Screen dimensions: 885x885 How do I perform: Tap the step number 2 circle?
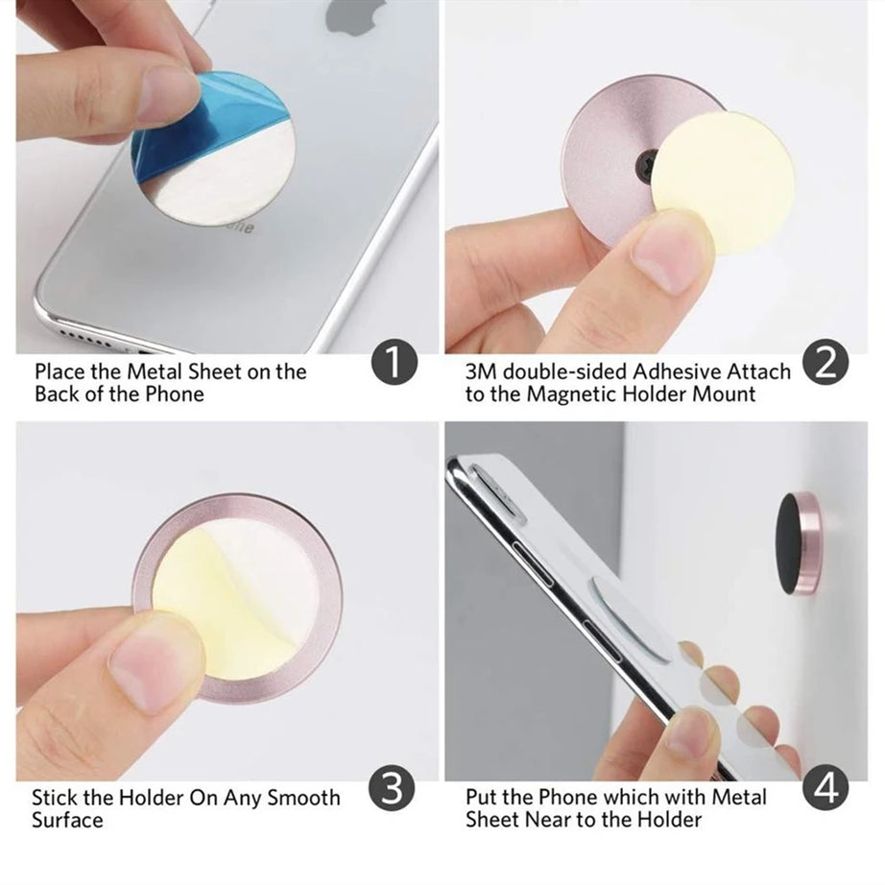pyautogui.click(x=825, y=364)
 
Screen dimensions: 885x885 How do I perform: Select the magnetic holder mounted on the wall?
pyautogui.click(x=801, y=542)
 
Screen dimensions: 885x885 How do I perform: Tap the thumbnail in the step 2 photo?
pyautogui.click(x=672, y=250)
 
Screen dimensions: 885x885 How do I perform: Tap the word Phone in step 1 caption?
pyautogui.click(x=176, y=395)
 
